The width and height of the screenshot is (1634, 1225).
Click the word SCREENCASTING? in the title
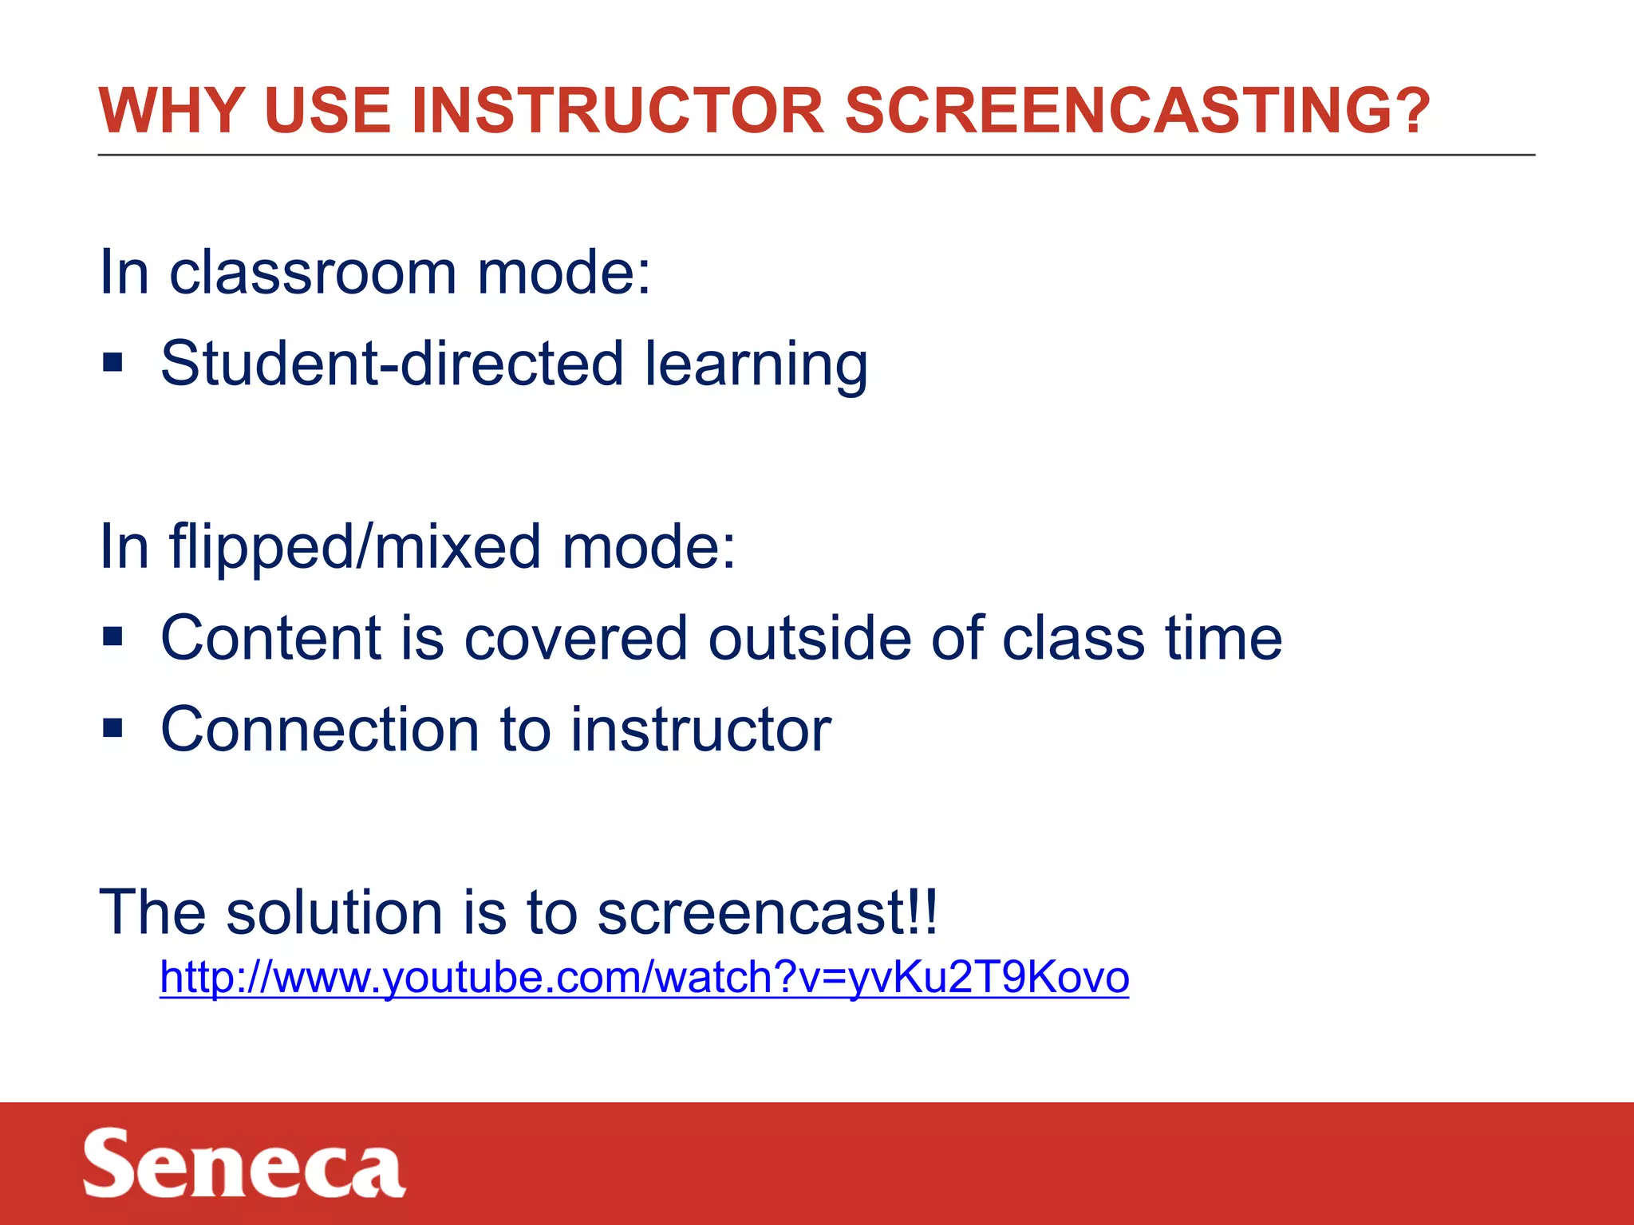click(1137, 110)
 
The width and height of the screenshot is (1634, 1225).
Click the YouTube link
click(644, 977)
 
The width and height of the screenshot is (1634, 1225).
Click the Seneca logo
click(243, 1164)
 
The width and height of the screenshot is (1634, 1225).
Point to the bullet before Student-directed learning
click(112, 364)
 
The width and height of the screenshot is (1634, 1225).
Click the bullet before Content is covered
click(112, 638)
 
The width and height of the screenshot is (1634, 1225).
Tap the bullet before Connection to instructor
click(112, 729)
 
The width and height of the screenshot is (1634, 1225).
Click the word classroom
click(313, 273)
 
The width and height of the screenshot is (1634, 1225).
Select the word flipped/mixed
click(355, 548)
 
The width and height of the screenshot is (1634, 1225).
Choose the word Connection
click(320, 729)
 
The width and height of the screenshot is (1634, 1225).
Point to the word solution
click(334, 912)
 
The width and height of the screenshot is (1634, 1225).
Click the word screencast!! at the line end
click(768, 912)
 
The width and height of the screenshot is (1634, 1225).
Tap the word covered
click(575, 638)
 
